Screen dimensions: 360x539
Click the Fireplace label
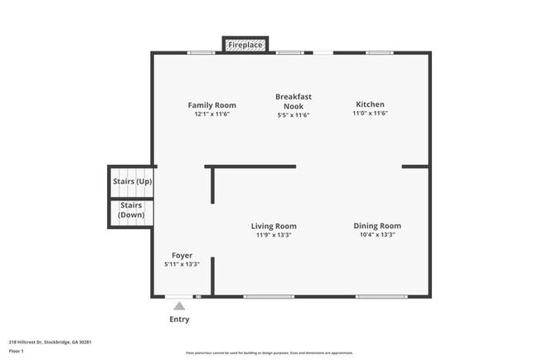pyautogui.click(x=245, y=44)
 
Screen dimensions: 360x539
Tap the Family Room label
pyautogui.click(x=211, y=105)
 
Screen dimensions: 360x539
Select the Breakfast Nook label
pyautogui.click(x=294, y=101)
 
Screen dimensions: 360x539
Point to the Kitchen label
pyautogui.click(x=370, y=105)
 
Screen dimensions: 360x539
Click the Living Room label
pyautogui.click(x=274, y=226)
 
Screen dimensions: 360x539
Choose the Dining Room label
pyautogui.click(x=377, y=226)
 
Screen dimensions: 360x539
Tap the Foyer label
pyautogui.click(x=182, y=255)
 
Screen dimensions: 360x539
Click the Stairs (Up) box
pyautogui.click(x=132, y=182)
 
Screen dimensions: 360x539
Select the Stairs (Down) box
pyautogui.click(x=131, y=211)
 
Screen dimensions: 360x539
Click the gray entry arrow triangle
pyautogui.click(x=179, y=306)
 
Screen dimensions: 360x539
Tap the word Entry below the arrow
pyautogui.click(x=179, y=319)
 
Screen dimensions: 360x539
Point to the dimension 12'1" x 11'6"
pyautogui.click(x=211, y=114)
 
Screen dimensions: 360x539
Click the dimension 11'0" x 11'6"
pyautogui.click(x=370, y=114)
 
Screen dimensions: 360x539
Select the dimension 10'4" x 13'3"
pyautogui.click(x=377, y=236)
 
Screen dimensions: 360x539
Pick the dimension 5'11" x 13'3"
pyautogui.click(x=182, y=264)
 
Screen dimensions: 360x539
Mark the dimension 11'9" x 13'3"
pyautogui.click(x=274, y=236)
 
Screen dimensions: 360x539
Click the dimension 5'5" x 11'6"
pyautogui.click(x=294, y=115)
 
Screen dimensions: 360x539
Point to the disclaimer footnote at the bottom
pyautogui.click(x=269, y=352)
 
